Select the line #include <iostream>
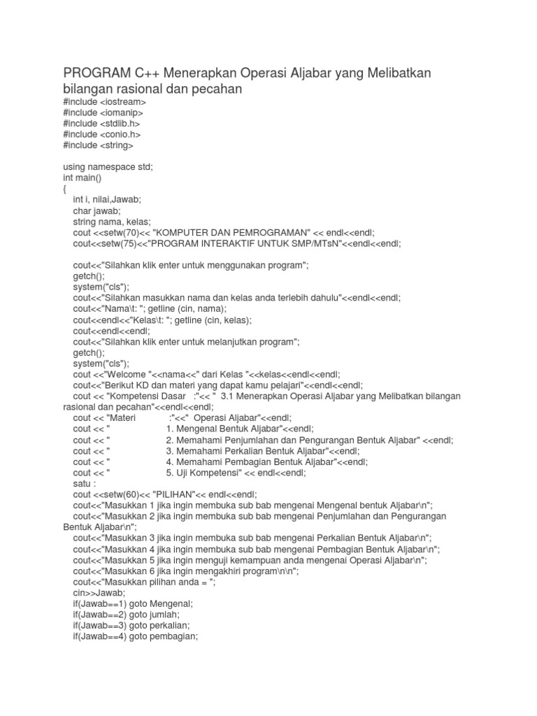[x=104, y=102]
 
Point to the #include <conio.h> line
[x=101, y=134]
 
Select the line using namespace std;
[x=108, y=167]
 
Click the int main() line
[x=82, y=178]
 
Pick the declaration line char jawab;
[x=96, y=210]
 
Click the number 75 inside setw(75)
[x=124, y=243]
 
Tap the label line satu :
[x=86, y=483]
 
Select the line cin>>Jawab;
[x=96, y=592]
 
